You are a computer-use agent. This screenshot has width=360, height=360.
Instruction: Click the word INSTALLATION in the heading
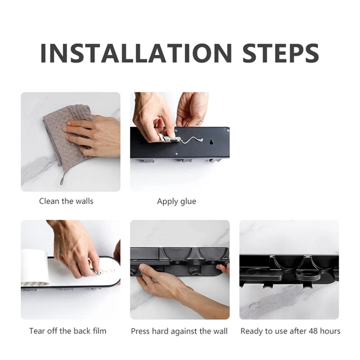(x=136, y=53)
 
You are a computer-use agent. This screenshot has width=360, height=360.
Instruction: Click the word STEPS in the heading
(x=280, y=53)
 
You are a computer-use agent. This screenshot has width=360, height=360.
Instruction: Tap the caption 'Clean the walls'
(x=66, y=201)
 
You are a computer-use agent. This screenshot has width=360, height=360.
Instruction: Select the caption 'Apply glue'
(x=176, y=201)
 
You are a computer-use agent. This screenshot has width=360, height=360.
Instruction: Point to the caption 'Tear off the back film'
(x=68, y=331)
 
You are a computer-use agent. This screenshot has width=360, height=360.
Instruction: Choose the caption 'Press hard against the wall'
(x=179, y=331)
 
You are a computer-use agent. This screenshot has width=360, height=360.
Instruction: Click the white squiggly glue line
(x=193, y=140)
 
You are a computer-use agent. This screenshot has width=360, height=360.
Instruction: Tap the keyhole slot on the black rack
(x=211, y=142)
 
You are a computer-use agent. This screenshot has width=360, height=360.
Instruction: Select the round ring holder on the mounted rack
(x=308, y=276)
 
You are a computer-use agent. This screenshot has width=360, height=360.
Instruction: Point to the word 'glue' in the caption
(x=188, y=202)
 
